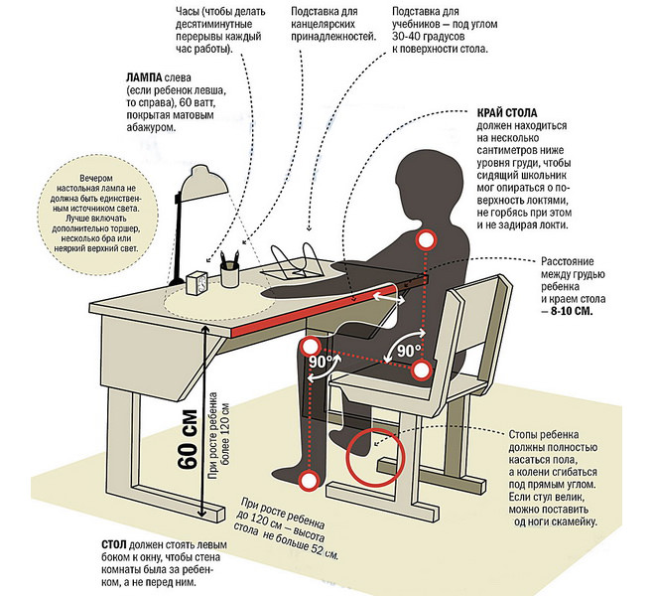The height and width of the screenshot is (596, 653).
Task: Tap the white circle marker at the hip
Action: click(421, 371)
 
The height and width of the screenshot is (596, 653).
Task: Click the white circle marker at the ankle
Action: click(310, 481)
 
